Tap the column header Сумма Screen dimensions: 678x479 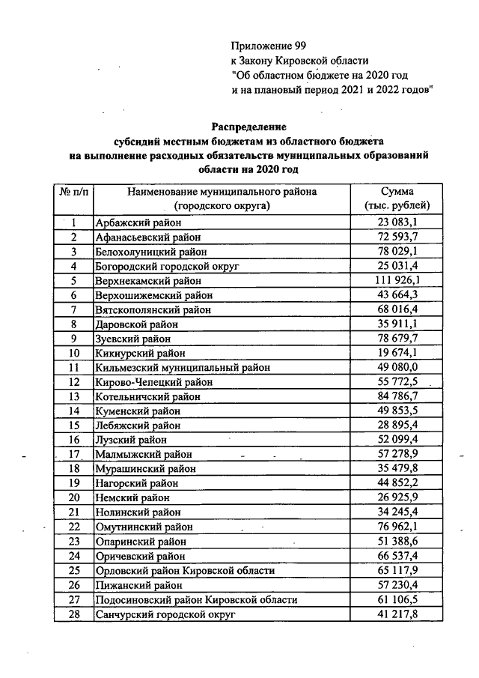(x=397, y=191)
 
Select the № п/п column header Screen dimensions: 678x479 (x=73, y=191)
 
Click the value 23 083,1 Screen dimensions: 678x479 (x=397, y=223)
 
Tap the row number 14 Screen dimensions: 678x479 (x=74, y=411)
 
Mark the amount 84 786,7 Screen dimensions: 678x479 (x=397, y=396)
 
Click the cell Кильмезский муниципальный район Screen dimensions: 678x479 (x=183, y=367)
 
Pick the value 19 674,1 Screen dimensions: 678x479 (x=397, y=353)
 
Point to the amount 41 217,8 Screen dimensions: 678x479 (x=397, y=614)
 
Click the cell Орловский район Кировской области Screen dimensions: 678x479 (x=185, y=570)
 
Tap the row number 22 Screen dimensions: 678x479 (x=74, y=527)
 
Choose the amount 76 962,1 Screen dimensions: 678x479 (x=397, y=527)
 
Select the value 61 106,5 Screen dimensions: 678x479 (x=397, y=599)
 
